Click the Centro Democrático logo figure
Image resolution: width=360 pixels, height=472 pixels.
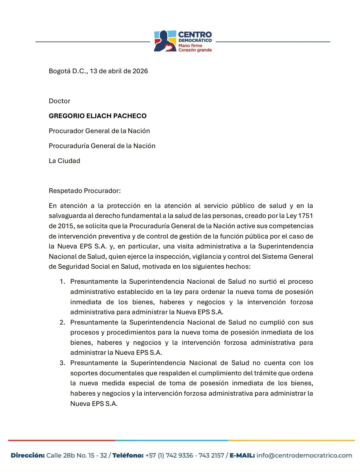point(165,41)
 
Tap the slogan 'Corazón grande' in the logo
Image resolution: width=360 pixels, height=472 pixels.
point(195,50)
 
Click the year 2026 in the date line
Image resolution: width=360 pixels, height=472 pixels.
point(140,71)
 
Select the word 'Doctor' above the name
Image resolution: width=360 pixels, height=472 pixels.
point(60,101)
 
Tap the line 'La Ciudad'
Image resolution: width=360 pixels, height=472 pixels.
point(65,161)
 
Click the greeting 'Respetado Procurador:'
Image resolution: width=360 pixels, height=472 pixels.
point(84,191)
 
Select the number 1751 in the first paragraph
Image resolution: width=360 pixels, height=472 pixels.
point(305,216)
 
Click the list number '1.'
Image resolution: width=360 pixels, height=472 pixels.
point(62,282)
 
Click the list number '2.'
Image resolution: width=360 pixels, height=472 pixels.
point(62,322)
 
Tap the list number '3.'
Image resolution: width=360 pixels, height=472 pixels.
point(62,363)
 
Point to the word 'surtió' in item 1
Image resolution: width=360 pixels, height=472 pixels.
point(267,282)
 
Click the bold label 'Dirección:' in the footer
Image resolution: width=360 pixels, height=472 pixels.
point(28,455)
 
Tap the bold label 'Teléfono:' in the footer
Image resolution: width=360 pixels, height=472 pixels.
point(128,455)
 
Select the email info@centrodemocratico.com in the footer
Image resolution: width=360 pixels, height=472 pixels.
point(304,455)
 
